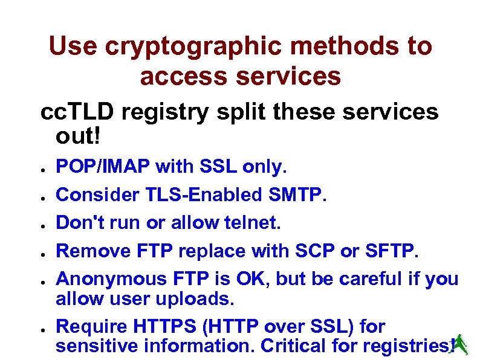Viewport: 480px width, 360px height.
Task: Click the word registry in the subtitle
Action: coord(163,112)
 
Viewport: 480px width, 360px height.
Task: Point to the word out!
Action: coord(77,135)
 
